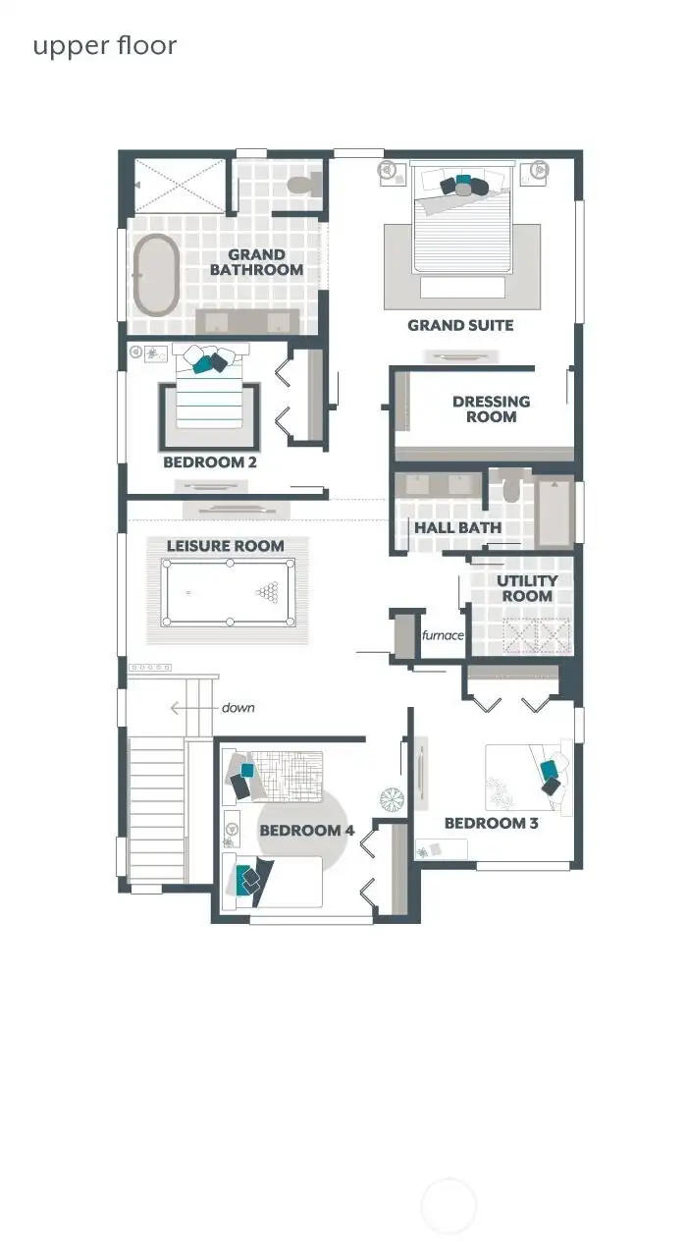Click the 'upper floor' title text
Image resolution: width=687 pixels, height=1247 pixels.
click(104, 45)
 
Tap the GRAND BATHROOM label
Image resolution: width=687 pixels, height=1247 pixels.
click(256, 262)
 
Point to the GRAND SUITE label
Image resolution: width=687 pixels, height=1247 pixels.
click(460, 325)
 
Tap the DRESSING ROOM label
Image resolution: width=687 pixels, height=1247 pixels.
click(491, 408)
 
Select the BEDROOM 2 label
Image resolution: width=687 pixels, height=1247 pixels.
click(210, 461)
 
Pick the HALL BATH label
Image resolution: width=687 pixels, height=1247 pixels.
click(457, 527)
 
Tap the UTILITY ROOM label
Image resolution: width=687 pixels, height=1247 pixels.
click(527, 588)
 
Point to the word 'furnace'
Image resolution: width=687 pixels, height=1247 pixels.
click(443, 635)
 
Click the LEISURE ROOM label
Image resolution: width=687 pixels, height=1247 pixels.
click(225, 546)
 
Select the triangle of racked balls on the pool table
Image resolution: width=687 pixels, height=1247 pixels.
click(267, 592)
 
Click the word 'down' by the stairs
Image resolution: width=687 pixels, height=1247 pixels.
click(238, 707)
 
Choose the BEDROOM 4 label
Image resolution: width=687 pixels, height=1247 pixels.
click(306, 831)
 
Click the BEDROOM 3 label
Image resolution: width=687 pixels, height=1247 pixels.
click(491, 823)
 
